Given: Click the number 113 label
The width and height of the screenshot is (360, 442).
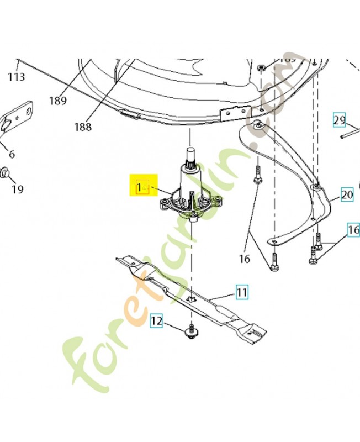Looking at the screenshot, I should coord(17,77).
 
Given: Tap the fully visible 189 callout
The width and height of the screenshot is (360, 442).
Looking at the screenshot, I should coord(57,101).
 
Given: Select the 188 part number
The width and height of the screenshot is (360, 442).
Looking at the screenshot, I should coord(83,127).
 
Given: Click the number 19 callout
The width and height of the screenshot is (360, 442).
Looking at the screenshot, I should coord(18,190).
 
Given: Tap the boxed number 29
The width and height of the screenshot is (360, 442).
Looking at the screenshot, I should coord(339,120).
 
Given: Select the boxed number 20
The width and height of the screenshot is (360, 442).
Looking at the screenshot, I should coord(347,194).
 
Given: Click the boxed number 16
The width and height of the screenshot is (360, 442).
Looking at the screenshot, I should coord(353,229).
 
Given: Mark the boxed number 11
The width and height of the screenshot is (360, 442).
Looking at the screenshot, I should coord(242,291).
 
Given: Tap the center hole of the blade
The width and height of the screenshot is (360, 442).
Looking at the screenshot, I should coord(191,299).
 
